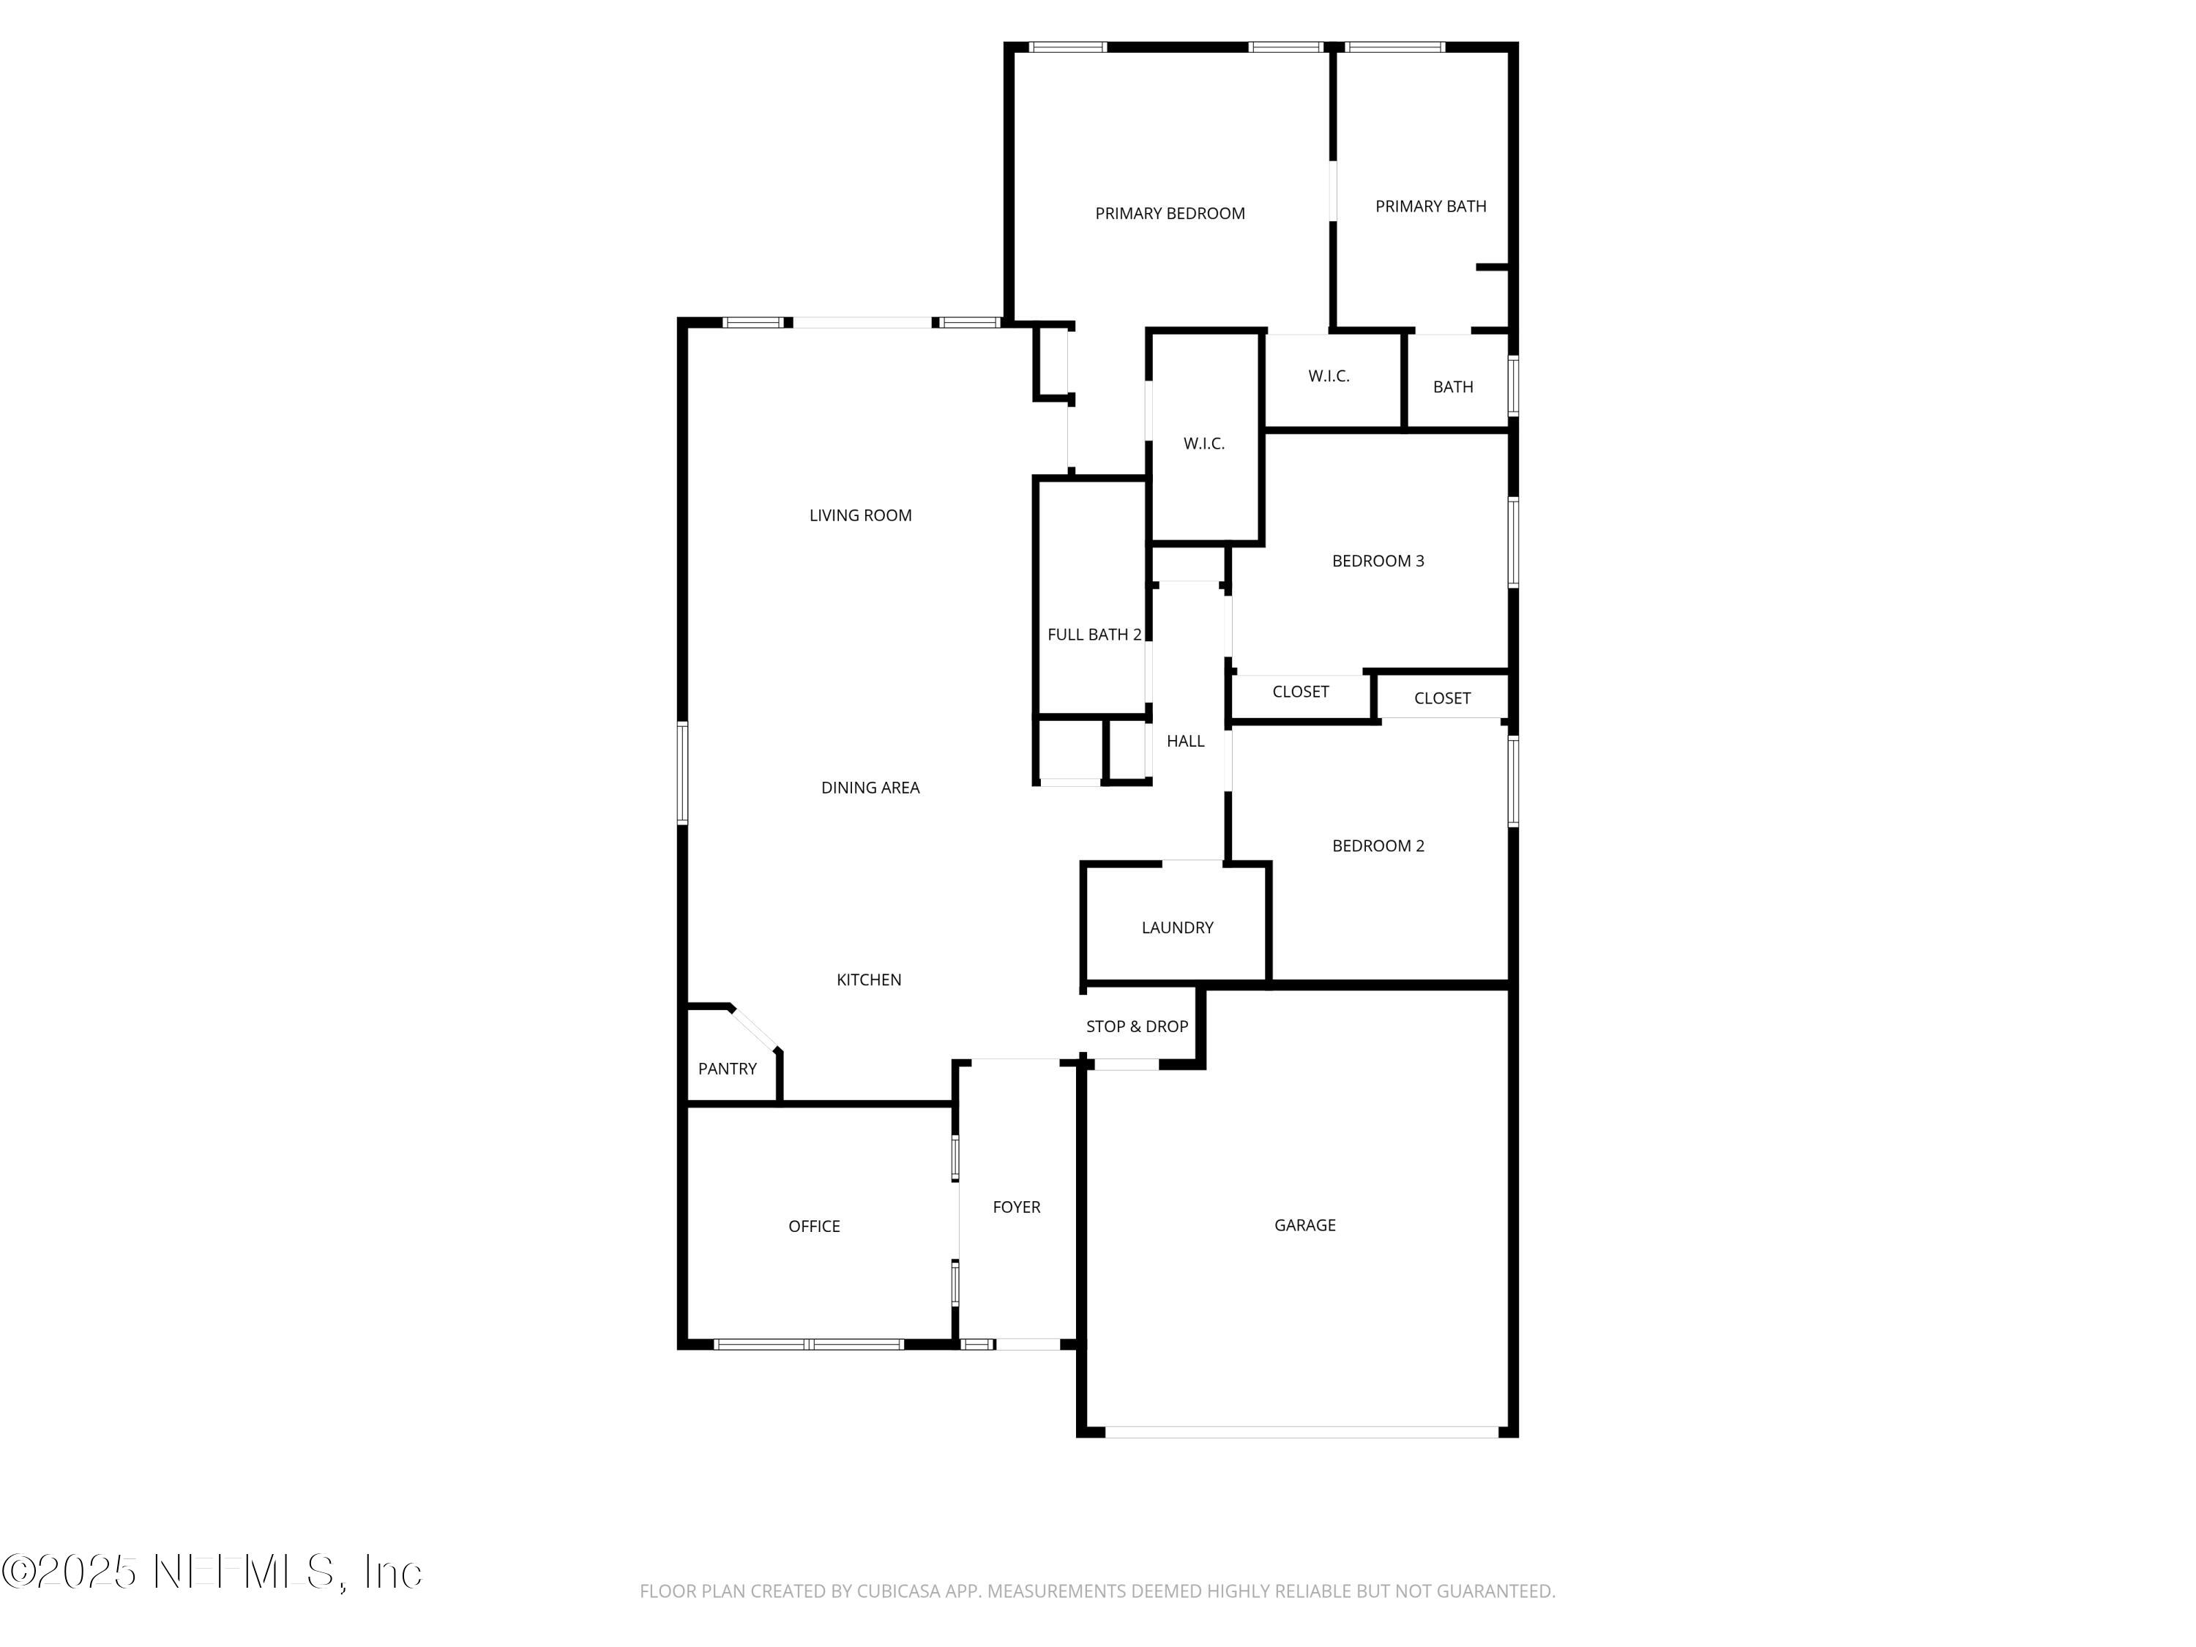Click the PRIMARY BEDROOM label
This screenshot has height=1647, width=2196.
(1170, 214)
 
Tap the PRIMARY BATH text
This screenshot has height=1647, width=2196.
(1430, 206)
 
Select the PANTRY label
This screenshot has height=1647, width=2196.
(727, 1068)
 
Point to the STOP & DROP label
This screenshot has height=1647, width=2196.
(1137, 1026)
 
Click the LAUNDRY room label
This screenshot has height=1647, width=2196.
(1177, 927)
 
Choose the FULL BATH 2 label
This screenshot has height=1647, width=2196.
(1094, 635)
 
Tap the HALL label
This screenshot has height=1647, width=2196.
(1185, 741)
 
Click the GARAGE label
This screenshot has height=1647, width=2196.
(1304, 1225)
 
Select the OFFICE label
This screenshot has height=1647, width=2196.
(814, 1226)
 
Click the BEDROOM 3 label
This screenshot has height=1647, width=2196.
(1378, 561)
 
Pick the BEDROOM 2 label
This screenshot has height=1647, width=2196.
(1378, 846)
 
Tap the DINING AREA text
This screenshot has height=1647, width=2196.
(870, 787)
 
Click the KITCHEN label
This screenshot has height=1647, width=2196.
(869, 980)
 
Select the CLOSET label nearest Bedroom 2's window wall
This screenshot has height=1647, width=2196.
(1441, 698)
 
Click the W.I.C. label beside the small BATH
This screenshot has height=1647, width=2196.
(1329, 376)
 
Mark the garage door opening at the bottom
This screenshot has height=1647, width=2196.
(1301, 1432)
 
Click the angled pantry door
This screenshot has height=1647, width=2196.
(755, 1028)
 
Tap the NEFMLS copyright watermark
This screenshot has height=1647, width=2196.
(212, 1572)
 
